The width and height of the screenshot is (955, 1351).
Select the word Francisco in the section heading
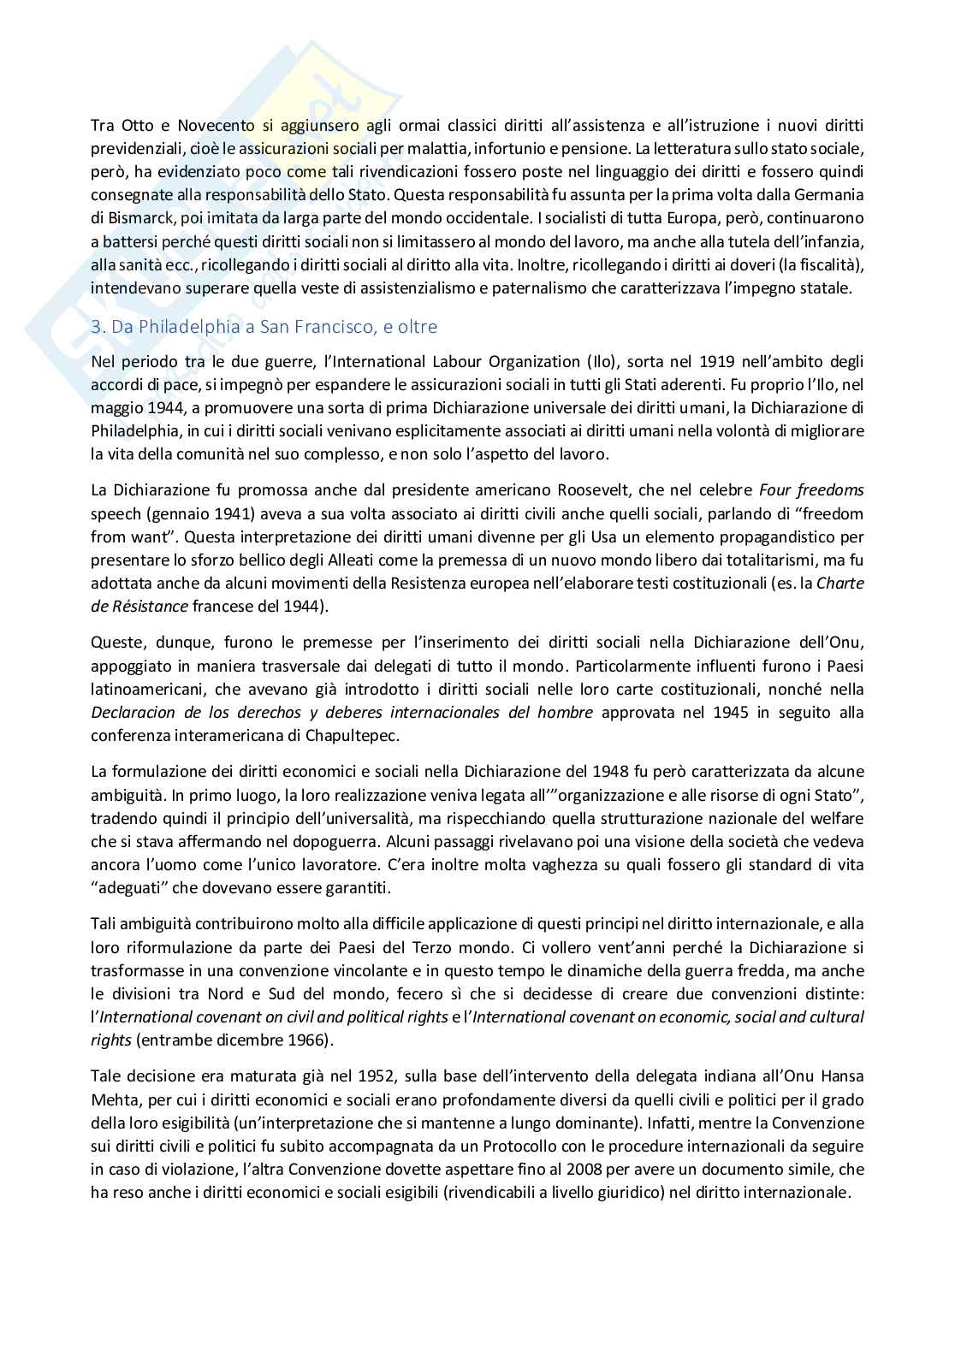[343, 327]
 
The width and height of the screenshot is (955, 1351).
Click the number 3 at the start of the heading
[95, 327]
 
